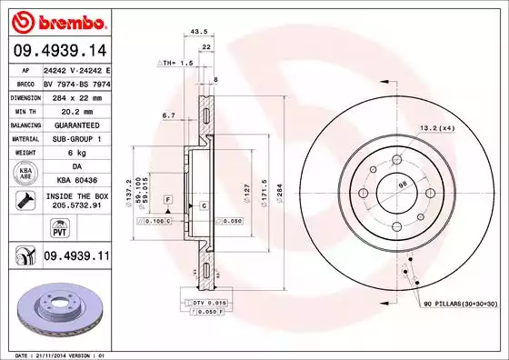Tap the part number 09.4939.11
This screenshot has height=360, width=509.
tap(75, 258)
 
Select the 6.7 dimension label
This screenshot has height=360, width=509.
tap(168, 115)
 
